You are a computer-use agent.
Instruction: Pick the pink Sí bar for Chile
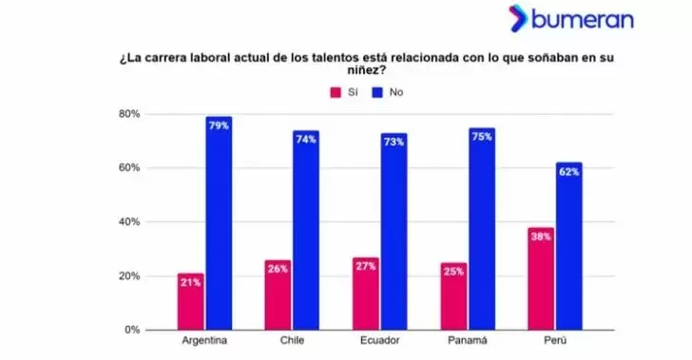pos(278,296)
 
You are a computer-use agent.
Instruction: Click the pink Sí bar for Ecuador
pos(366,294)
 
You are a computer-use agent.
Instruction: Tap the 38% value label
pos(541,237)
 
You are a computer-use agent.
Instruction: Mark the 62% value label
pos(569,171)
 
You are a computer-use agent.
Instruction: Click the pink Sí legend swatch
pos(335,92)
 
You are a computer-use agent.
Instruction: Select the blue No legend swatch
pos(377,92)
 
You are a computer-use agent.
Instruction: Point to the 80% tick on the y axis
pos(129,114)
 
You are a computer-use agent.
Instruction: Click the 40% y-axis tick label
pos(129,222)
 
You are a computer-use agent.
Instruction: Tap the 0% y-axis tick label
pos(132,330)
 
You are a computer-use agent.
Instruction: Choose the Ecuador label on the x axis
pos(379,339)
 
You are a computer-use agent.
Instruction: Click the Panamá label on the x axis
pos(468,339)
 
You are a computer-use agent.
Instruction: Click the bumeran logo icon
pos(517,18)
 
